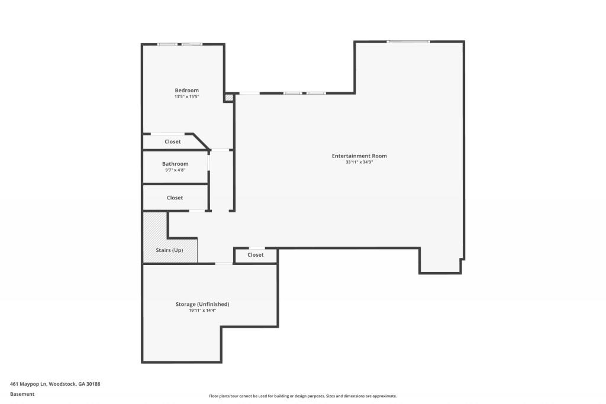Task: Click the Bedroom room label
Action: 186,90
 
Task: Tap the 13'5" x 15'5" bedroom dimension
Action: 186,96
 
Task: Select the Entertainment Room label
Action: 359,156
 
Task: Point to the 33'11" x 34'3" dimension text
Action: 359,162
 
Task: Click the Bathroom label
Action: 175,164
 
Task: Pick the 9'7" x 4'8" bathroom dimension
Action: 175,170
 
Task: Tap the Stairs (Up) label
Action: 169,250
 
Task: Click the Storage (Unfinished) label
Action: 202,304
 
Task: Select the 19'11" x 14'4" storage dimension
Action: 202,311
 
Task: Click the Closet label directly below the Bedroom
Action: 173,141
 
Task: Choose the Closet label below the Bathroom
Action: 175,198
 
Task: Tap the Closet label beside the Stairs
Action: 256,255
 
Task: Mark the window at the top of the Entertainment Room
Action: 408,41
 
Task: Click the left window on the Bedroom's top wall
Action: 167,44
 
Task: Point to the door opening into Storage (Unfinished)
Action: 224,263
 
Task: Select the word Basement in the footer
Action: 22,394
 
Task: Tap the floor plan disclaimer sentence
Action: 302,396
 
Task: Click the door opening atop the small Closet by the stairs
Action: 256,248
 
